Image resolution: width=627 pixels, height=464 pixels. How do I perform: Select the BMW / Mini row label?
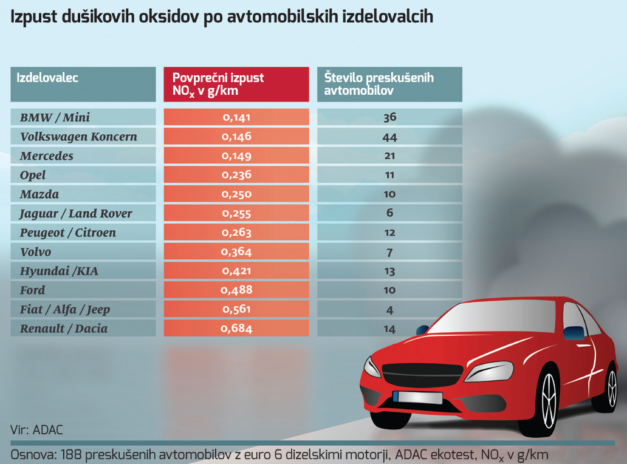55,117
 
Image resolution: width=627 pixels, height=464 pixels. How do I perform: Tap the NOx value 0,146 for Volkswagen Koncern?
236,137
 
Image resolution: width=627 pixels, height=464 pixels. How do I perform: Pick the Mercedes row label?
47,156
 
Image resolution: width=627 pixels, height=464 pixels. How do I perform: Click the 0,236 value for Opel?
236,176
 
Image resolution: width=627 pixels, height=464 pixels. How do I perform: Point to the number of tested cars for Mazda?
389,194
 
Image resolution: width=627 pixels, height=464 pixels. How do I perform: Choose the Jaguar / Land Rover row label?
76,214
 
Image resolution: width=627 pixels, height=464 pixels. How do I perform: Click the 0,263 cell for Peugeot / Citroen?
236,233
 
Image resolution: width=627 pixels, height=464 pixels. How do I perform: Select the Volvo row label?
36,252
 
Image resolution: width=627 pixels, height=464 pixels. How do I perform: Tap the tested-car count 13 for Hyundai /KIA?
389,271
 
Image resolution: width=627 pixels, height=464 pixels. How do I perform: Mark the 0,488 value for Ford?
236,290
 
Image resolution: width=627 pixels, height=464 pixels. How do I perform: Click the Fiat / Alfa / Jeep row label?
65,310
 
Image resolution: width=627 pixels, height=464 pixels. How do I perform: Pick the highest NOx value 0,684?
236,329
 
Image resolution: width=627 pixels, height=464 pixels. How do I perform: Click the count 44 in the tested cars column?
389,137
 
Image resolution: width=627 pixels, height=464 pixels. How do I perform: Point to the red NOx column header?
236,84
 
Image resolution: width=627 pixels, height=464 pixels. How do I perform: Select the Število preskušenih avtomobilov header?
389,84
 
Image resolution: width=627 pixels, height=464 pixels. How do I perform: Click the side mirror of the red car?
571,333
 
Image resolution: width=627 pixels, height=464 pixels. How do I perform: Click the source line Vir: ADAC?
36,430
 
